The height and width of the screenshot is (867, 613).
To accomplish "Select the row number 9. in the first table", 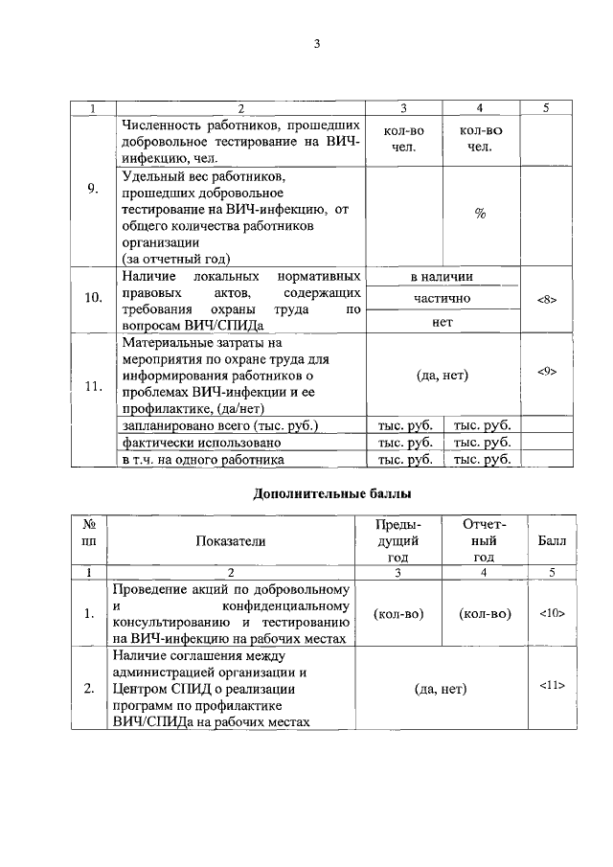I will (x=92, y=188).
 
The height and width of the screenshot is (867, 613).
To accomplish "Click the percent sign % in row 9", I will (x=481, y=214).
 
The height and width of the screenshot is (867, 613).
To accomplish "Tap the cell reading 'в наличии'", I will (x=442, y=277).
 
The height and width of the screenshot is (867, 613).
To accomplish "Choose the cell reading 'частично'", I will (x=442, y=299).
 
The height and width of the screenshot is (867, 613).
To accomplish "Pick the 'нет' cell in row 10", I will (x=442, y=322).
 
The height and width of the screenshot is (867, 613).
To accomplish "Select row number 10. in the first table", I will (x=92, y=298).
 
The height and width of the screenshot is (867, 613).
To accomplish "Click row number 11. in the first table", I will (x=92, y=386).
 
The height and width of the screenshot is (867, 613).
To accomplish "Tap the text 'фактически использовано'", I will (x=201, y=443).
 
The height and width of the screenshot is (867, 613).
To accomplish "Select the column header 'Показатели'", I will (x=230, y=540).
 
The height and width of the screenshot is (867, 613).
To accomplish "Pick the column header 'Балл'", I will (x=551, y=540).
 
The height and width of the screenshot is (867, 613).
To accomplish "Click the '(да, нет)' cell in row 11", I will (x=442, y=376).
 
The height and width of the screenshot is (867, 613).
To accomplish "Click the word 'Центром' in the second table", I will (x=141, y=689).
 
